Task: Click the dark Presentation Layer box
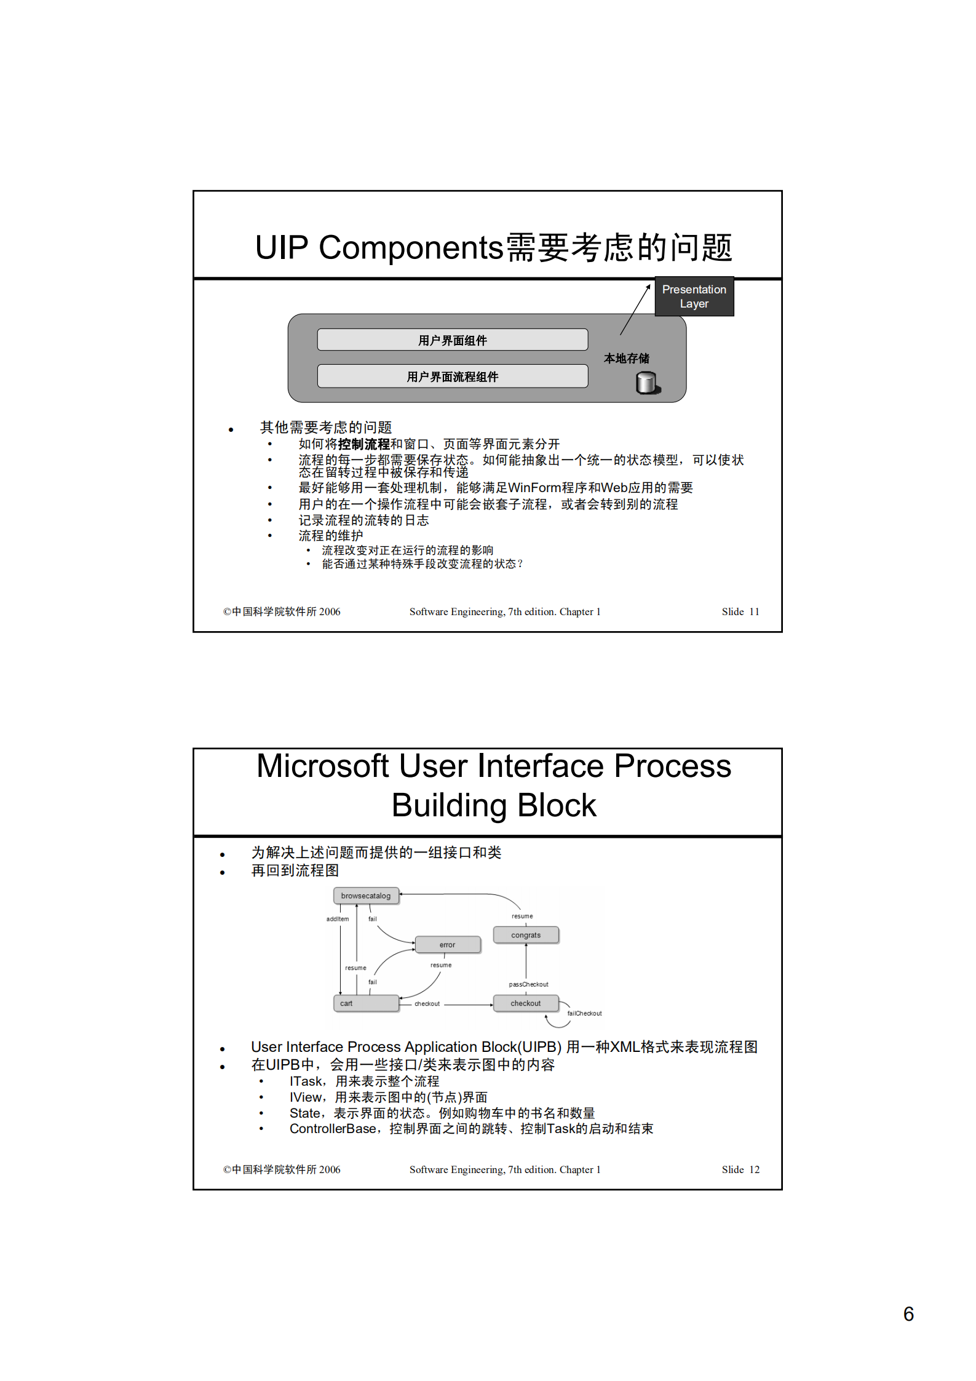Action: coord(694,296)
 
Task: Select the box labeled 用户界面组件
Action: coord(452,340)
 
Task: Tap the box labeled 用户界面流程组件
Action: coord(452,376)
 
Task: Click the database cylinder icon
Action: coord(647,383)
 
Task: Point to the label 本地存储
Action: coord(626,358)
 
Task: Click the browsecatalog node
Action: coord(366,896)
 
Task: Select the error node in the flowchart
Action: coord(447,944)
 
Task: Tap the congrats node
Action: coord(526,935)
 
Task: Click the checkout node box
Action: coord(526,1003)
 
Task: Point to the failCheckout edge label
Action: coord(584,1013)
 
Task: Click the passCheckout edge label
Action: coord(528,984)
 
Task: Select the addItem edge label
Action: coord(337,919)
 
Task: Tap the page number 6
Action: coord(908,1314)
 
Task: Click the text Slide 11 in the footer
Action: coord(740,611)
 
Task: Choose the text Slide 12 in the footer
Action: coord(740,1169)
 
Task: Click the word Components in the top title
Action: coord(411,247)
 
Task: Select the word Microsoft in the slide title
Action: coord(323,766)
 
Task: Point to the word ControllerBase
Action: coord(333,1129)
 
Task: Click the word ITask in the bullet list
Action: coord(306,1081)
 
